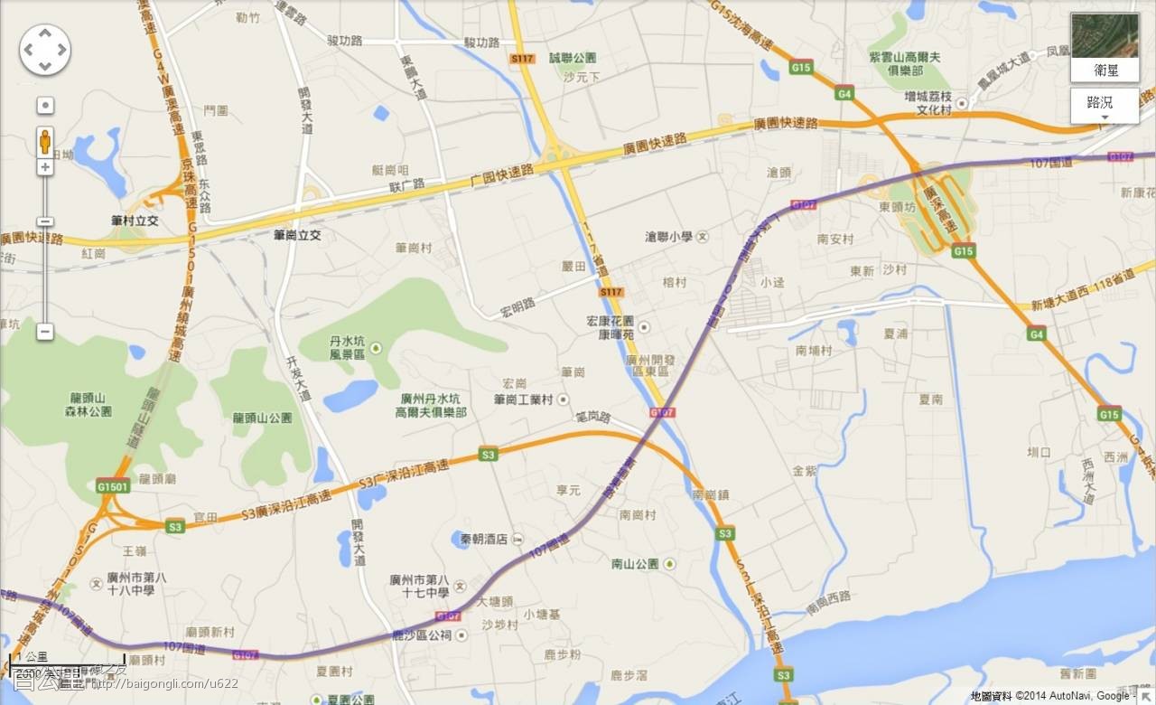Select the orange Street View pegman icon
coord(45,141)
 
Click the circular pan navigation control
coord(45,50)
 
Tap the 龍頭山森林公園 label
coord(90,404)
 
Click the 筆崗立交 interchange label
coord(297,235)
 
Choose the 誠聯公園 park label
coord(573,58)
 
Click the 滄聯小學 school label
coord(669,237)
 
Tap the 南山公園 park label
coord(635,564)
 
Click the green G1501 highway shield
coord(114,486)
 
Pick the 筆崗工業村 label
coord(523,399)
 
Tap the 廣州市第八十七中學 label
coord(419,586)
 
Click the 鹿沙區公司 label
coord(421,635)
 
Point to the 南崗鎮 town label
coord(711,495)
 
